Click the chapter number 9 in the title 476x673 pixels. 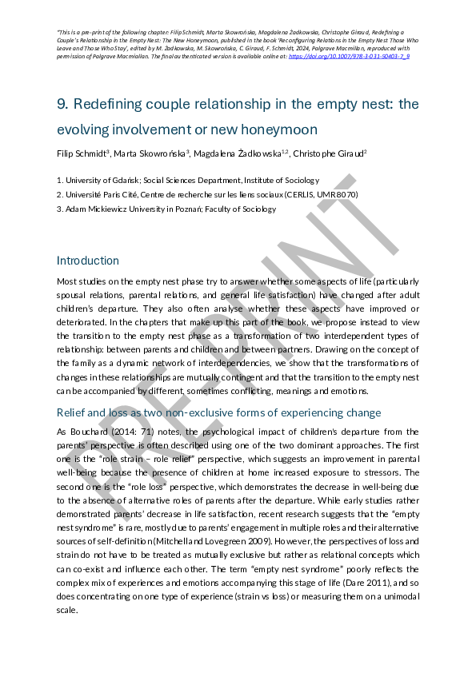(x=62, y=104)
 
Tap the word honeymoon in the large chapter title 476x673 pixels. (x=275, y=129)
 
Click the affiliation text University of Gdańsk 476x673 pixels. (x=101, y=181)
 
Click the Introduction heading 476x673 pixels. (x=88, y=261)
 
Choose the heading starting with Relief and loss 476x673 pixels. (x=218, y=412)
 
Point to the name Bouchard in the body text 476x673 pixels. (x=84, y=431)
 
